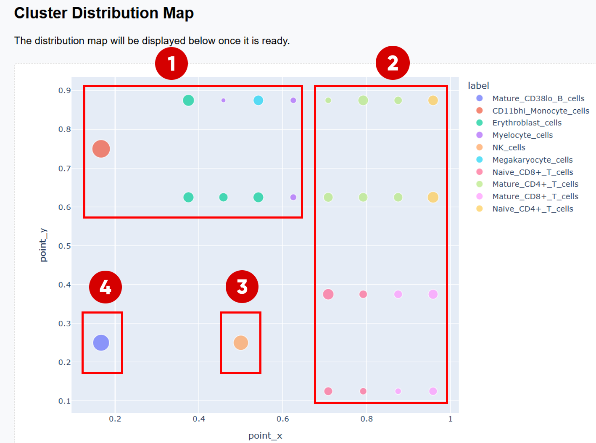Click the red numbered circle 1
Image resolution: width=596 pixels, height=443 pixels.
(x=171, y=64)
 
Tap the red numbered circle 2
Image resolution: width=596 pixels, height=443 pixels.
(x=393, y=63)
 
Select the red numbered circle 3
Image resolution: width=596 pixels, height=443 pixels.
(x=242, y=287)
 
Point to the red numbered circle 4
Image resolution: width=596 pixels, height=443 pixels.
(x=105, y=287)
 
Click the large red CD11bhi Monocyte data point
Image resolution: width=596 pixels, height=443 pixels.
(x=101, y=149)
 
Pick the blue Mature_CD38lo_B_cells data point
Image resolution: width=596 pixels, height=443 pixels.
(x=101, y=343)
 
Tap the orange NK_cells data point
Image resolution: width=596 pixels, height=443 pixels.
(x=241, y=343)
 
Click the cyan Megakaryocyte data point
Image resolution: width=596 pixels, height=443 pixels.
(x=258, y=100)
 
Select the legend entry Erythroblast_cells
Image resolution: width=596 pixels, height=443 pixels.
(x=527, y=123)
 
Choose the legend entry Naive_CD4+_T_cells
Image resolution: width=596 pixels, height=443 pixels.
(x=533, y=209)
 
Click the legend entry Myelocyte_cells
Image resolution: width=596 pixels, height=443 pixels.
(x=522, y=135)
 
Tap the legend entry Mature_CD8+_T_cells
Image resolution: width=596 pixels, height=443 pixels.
(x=535, y=196)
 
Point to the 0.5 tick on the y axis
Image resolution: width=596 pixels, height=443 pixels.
(x=64, y=246)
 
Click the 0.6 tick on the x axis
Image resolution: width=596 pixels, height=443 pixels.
(x=283, y=419)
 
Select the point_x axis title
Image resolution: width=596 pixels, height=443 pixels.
(x=265, y=436)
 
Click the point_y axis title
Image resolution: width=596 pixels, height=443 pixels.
(x=43, y=245)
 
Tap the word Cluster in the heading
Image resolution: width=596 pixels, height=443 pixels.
(x=40, y=13)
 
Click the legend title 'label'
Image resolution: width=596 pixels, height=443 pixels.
(x=478, y=86)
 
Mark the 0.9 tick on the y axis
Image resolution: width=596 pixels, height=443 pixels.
(x=64, y=90)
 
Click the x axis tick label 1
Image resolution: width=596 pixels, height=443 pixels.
(x=451, y=419)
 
